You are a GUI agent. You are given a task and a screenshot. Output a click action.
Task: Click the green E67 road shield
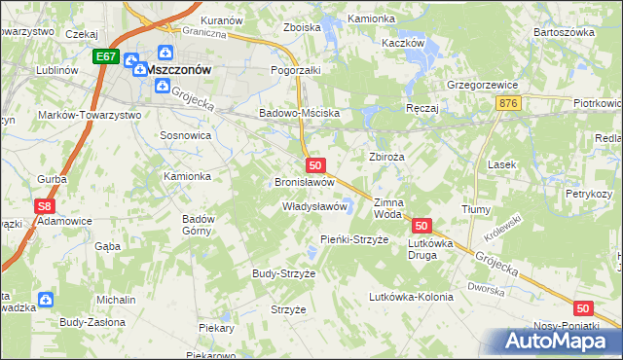pos(107,58)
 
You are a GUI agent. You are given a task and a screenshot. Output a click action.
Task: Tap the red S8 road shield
pos(43,206)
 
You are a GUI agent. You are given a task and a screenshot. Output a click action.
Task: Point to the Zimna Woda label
pos(387,207)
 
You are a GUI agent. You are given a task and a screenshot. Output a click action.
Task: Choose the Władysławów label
pos(314,206)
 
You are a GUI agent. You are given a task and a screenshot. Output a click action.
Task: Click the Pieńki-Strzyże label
pos(354,239)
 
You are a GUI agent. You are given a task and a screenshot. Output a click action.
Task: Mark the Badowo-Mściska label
pos(299,113)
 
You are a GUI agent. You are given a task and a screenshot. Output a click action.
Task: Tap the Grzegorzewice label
pos(481,85)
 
